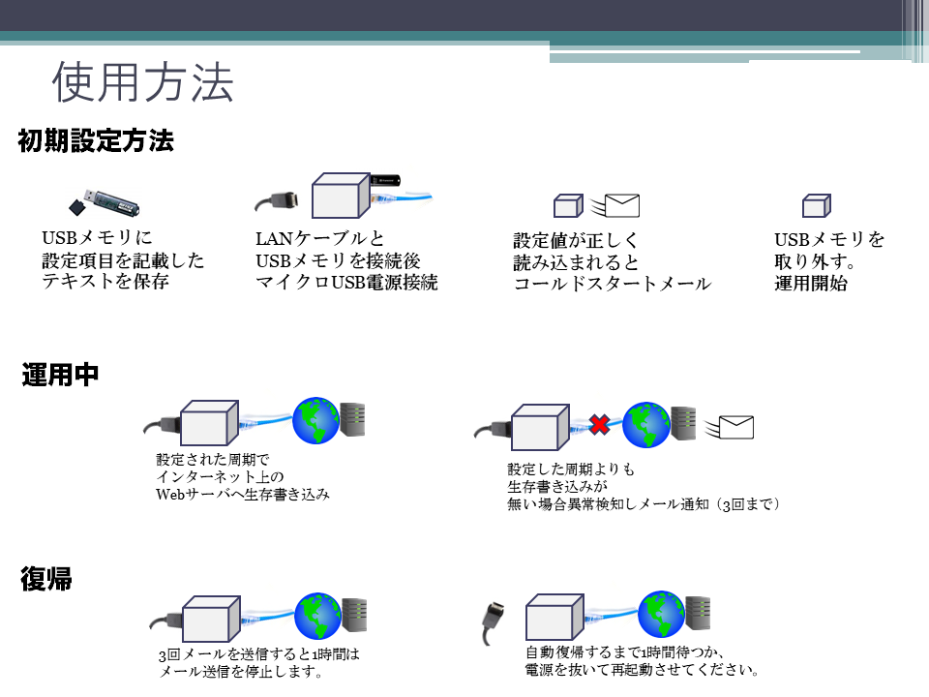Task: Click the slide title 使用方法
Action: [142, 84]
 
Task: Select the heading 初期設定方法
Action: [96, 141]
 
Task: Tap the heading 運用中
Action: [60, 376]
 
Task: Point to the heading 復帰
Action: [46, 580]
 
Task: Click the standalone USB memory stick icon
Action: [106, 202]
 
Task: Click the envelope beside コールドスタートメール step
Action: [621, 205]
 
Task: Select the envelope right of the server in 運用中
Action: [734, 427]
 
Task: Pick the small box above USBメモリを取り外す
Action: [816, 205]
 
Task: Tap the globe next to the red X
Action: [645, 424]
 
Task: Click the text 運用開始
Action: [811, 285]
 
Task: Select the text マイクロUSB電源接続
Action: [346, 283]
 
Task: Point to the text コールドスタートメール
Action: [612, 284]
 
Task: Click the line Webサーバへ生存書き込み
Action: [243, 494]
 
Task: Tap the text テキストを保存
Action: [105, 282]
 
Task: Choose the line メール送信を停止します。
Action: [240, 671]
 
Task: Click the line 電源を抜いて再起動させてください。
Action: [642, 670]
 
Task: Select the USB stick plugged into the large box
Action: [387, 181]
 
